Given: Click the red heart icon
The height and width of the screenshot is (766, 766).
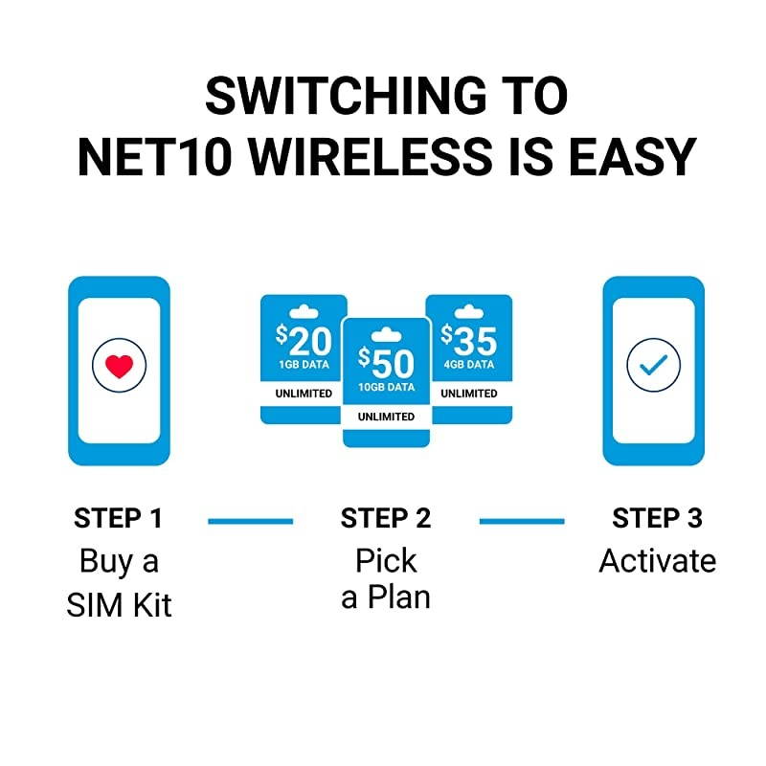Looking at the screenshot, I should [119, 365].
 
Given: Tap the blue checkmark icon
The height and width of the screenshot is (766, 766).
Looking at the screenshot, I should [653, 365].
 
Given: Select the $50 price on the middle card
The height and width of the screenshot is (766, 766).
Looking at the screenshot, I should [386, 363].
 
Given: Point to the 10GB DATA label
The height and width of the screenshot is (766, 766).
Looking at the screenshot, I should [386, 388].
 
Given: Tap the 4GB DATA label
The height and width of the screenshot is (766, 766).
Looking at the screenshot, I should [468, 365].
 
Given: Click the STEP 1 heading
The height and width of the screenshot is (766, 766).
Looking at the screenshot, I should [119, 519].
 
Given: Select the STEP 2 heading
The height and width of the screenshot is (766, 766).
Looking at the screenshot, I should [386, 519].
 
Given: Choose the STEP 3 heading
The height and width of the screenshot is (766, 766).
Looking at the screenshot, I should [657, 519].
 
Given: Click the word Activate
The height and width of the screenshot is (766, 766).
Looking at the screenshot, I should [657, 560].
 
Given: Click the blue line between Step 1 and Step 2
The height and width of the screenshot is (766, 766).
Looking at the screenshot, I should [251, 521].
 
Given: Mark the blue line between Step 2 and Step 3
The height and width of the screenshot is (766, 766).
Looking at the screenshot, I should [522, 521].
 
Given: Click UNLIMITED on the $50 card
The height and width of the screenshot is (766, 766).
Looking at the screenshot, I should [386, 417].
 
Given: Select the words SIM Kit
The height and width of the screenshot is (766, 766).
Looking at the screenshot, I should [119, 604].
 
